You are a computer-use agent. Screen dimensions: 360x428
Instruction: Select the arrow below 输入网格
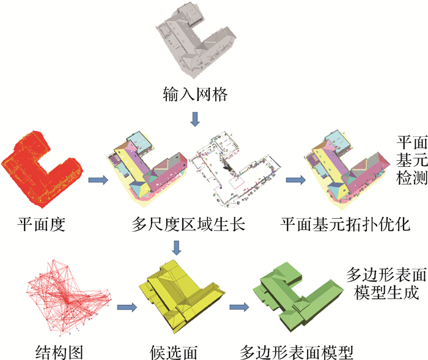(x=195, y=119)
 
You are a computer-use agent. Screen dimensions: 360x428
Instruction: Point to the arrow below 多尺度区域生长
(x=177, y=248)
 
